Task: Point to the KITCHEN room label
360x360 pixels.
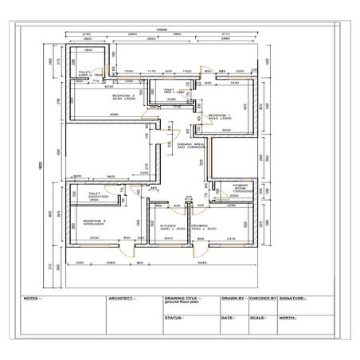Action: (167, 226)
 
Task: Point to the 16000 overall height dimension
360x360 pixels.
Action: (45, 159)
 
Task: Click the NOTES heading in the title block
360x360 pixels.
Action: (32, 299)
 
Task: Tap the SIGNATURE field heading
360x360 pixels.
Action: (292, 299)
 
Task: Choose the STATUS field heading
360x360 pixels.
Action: (174, 318)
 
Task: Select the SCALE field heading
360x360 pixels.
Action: (257, 318)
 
